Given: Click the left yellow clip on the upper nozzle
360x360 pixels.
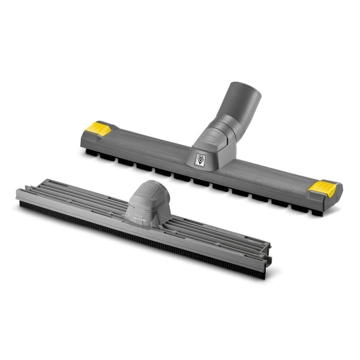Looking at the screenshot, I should point(100,128).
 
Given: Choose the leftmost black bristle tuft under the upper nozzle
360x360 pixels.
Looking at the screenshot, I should point(90,153).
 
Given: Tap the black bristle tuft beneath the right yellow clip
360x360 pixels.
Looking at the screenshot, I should point(316,211).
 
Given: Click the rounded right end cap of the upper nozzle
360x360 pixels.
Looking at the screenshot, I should point(337,195).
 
